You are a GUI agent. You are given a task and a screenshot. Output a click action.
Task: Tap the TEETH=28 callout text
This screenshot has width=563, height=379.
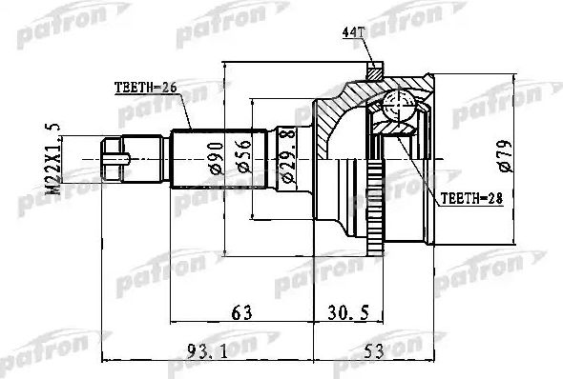469,201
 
